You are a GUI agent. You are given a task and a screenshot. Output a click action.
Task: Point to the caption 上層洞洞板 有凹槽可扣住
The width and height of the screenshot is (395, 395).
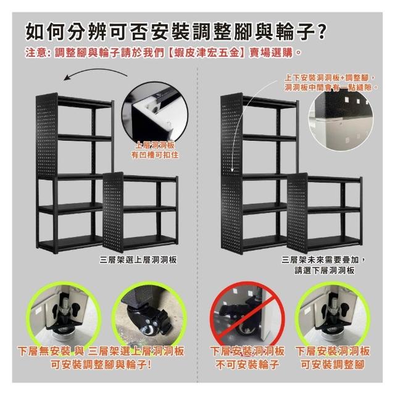click(x=155, y=150)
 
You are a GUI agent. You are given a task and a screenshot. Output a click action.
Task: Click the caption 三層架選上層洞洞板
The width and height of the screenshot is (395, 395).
click(x=138, y=260)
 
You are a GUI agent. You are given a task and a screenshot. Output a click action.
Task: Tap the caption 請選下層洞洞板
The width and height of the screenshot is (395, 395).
click(x=325, y=270)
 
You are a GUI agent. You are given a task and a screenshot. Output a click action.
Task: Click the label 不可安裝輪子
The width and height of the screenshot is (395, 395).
click(x=247, y=364)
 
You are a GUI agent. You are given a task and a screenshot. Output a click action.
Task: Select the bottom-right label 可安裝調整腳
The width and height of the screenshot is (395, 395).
click(x=333, y=364)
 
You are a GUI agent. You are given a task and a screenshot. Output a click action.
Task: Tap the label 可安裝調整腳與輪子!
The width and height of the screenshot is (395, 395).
click(x=101, y=364)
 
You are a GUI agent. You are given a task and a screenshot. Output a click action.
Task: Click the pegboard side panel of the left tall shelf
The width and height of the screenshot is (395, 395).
click(x=47, y=136)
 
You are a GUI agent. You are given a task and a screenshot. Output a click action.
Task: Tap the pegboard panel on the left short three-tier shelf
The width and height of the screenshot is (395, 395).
click(x=114, y=212)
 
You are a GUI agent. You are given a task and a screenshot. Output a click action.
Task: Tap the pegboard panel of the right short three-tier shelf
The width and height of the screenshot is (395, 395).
click(x=297, y=213)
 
